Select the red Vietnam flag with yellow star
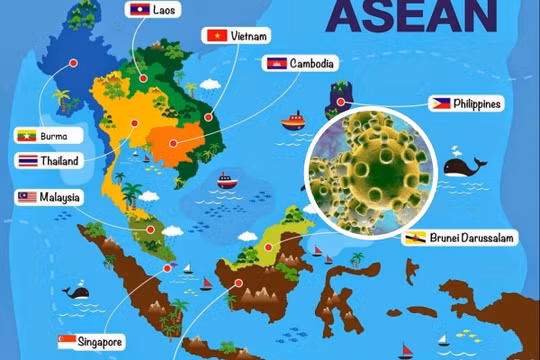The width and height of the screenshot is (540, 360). point(214,36)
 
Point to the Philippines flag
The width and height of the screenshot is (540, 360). point(440,103)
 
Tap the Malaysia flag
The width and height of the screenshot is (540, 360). point(26,197)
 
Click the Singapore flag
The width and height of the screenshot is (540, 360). point(68,341)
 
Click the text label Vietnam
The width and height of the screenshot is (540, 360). point(249,36)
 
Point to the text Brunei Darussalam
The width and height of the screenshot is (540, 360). point(475,238)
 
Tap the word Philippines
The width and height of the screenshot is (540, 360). point(478,103)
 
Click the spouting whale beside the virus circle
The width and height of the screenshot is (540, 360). point(463,166)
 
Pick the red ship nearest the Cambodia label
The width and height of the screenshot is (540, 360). point(292,123)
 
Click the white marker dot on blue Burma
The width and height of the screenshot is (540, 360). point(73,62)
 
